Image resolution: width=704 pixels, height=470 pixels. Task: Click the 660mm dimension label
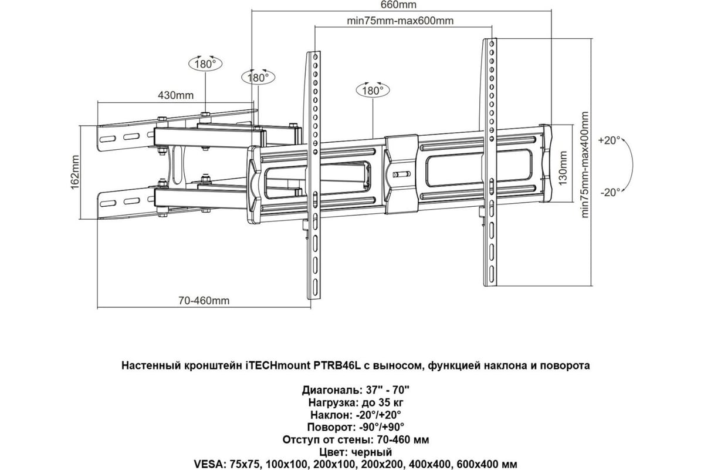398,5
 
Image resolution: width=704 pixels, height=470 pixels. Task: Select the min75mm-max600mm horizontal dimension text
400,21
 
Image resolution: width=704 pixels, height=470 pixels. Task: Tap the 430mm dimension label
175,95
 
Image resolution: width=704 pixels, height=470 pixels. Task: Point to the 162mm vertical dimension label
75,172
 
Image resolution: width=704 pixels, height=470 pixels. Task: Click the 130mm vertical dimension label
563,168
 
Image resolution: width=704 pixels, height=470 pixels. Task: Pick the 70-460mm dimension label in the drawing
204,301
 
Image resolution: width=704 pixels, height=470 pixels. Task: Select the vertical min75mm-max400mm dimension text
584,164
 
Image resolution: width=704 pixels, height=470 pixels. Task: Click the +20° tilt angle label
609,140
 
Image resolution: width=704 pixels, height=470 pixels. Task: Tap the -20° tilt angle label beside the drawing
610,192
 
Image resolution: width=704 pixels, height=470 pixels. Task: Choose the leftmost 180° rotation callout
205,64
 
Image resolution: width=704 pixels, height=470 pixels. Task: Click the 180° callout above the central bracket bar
373,90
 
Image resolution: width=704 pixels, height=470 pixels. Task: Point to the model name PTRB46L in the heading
337,365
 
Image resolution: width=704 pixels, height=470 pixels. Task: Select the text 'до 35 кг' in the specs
383,402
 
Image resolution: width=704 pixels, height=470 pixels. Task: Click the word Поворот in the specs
331,427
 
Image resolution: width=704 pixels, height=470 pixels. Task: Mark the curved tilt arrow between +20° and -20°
631,164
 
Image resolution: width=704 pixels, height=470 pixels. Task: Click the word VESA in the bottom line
209,464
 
